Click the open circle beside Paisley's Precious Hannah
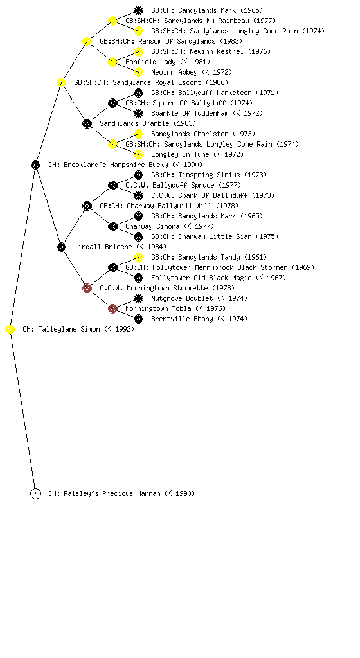pos(35,493)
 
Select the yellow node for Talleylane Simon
pos(10,330)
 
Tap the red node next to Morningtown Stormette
pos(87,288)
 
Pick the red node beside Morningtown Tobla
pos(113,308)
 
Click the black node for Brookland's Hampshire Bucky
pos(35,164)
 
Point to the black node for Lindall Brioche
pos(61,247)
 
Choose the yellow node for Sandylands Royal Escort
pos(61,82)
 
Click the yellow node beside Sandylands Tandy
pos(138,257)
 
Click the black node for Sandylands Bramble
pos(87,123)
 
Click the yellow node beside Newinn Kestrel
pos(138,51)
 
